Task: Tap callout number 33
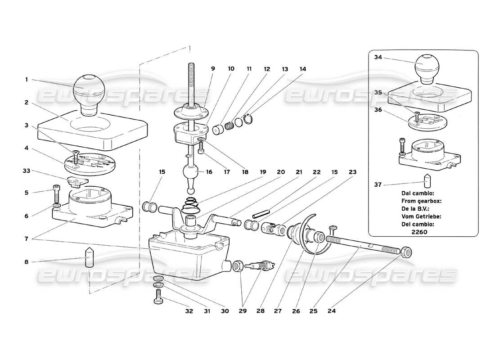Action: (27, 171)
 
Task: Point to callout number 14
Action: (302, 69)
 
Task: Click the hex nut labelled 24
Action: (406, 252)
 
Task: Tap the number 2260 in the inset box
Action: (419, 232)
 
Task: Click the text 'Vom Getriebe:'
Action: (421, 216)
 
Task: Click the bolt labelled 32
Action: (158, 296)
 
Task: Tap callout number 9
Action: (213, 69)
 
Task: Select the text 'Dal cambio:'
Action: (418, 193)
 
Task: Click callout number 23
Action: (352, 171)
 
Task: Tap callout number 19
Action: (262, 171)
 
